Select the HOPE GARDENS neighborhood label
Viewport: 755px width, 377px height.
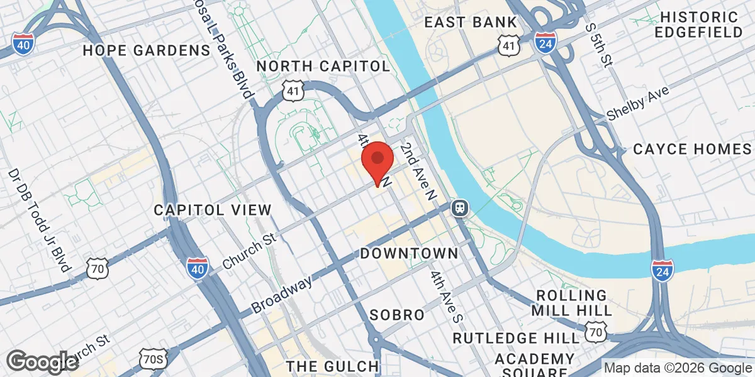point(146,50)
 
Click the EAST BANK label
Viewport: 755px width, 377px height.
point(471,23)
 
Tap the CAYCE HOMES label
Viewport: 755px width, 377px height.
point(692,150)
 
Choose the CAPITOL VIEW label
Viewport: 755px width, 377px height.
point(213,210)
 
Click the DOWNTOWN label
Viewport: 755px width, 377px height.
point(409,254)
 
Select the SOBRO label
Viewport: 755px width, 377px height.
point(397,315)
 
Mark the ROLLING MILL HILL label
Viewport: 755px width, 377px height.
point(571,303)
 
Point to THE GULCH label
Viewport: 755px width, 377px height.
point(333,366)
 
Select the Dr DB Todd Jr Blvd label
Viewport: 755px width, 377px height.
point(39,220)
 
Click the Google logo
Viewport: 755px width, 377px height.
point(43,361)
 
